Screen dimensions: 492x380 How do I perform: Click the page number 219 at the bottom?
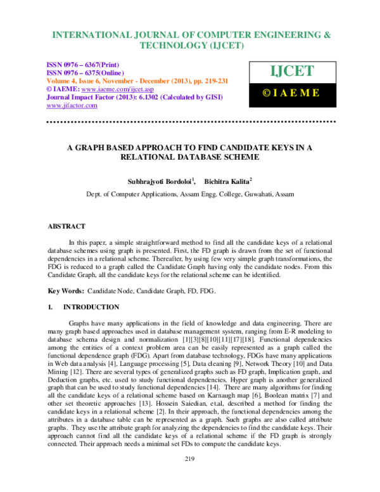tap(189, 476)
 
